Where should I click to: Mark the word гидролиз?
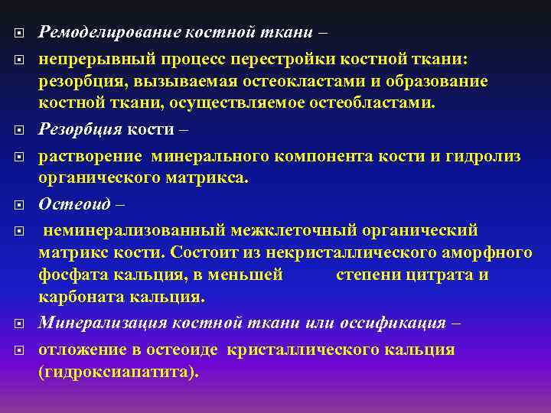tap(481, 156)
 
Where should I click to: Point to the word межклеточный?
tap(295, 230)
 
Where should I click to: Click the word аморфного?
tap(486, 252)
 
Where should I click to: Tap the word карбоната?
tap(84, 297)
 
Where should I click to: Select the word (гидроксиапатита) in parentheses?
tap(118, 372)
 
